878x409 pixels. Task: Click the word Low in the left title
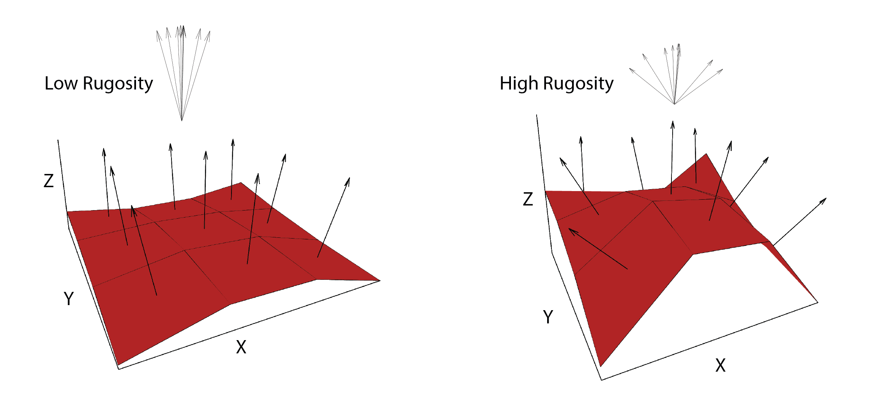coord(61,83)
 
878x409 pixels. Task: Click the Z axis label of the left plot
coord(48,181)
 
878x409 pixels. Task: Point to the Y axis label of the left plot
coord(69,299)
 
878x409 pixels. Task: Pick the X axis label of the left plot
coord(241,347)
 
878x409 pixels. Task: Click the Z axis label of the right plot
coord(528,199)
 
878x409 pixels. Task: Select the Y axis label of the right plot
coord(548,317)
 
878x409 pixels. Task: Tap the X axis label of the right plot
coord(720,366)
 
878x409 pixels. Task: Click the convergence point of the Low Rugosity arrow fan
coord(182,120)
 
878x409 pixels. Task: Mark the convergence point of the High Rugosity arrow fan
coord(674,104)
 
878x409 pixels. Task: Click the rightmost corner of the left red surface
coord(380,280)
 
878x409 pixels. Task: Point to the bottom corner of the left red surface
coord(118,365)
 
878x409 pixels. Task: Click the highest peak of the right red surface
coord(706,154)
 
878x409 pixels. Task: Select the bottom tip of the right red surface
coord(601,366)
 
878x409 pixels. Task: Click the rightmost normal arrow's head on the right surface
coord(825,199)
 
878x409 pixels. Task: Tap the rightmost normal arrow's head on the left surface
coord(349,179)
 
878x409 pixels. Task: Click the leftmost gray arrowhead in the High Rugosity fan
coord(630,69)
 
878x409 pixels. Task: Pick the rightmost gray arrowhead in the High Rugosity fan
coord(722,70)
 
